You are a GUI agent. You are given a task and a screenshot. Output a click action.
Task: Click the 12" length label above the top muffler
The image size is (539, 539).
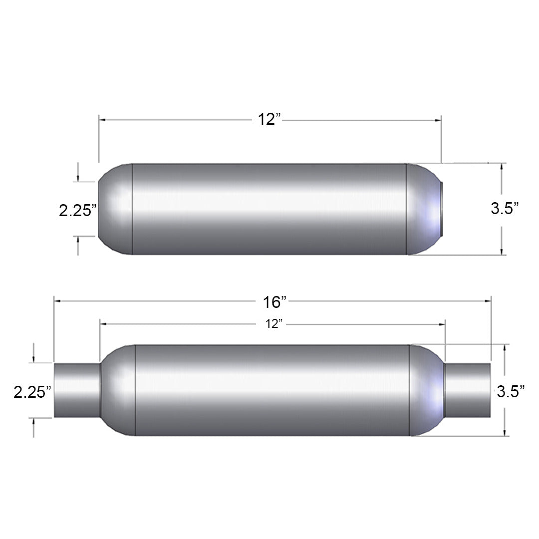click(x=269, y=119)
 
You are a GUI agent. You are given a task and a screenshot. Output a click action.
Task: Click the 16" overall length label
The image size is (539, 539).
click(x=274, y=302)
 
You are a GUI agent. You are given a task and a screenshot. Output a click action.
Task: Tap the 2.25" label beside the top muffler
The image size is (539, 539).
click(x=78, y=211)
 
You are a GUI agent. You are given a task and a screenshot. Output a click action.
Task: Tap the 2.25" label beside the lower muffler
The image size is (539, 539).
click(x=32, y=392)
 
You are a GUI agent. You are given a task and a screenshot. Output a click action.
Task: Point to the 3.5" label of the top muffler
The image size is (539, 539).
click(x=505, y=208)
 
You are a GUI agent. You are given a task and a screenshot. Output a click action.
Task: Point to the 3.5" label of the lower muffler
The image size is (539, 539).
click(x=511, y=391)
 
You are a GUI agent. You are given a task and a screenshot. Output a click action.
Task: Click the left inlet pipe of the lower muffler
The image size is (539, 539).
click(x=77, y=390)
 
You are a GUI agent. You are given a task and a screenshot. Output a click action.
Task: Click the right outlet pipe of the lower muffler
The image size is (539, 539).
click(x=468, y=390)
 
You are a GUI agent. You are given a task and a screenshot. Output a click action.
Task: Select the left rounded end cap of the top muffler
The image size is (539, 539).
click(x=115, y=209)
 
